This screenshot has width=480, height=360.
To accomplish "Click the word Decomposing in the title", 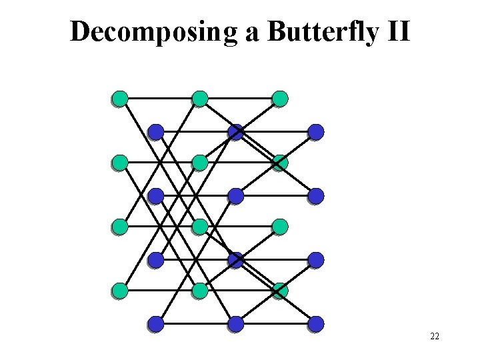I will point(154,32).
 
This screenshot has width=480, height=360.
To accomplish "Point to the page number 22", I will point(435,337).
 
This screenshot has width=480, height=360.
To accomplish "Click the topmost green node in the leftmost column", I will point(120,99).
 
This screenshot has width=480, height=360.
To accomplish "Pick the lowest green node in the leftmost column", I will point(120,291).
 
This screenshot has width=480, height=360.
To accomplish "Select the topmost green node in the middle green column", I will point(200,99).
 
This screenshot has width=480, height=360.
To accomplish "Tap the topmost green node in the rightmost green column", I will point(280,99).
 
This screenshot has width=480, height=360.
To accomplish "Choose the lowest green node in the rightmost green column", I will point(280,291).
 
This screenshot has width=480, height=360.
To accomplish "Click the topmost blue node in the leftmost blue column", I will point(155,132).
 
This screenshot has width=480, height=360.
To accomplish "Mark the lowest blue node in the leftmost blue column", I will point(155,324).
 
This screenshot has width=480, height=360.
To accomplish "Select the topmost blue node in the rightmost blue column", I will point(316,132).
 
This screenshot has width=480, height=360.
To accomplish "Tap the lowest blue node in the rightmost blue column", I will point(316,324).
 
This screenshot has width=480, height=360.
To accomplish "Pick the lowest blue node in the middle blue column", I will point(235,324).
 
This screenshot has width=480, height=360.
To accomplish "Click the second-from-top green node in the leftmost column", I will point(120,163).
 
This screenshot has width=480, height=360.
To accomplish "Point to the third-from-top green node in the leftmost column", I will point(120,227).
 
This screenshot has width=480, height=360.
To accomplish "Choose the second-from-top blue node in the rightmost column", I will point(316,196).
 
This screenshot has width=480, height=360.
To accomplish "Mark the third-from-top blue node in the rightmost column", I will point(316,260).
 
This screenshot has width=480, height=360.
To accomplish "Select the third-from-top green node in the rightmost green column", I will point(280,227).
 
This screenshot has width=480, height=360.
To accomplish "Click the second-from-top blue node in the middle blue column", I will point(235,196).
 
